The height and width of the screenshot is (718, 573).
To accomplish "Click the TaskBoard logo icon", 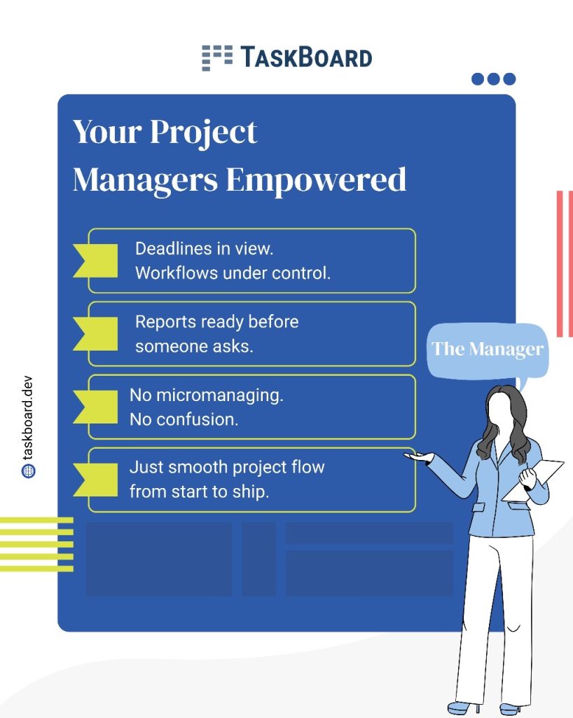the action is click(x=217, y=57).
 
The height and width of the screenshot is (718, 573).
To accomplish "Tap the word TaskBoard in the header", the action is click(x=306, y=57).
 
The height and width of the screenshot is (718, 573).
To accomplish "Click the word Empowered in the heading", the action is click(x=316, y=179).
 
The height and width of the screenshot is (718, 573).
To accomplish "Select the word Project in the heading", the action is click(x=204, y=133).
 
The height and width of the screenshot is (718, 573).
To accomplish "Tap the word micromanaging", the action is click(x=220, y=395).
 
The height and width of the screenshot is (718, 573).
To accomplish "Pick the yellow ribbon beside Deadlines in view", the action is click(x=96, y=261).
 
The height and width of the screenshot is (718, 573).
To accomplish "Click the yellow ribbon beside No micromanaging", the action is click(x=96, y=407).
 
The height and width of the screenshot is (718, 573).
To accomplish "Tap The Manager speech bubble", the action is click(x=488, y=351).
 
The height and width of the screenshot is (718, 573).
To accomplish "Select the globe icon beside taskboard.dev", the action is click(x=28, y=471).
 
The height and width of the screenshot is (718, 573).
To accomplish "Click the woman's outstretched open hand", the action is click(x=418, y=456).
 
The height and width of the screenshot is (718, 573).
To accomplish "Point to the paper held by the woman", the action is click(x=534, y=481).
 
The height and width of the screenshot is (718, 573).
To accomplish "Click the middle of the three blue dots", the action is click(x=493, y=79).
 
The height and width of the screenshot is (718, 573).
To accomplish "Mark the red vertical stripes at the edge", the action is click(x=565, y=264).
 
